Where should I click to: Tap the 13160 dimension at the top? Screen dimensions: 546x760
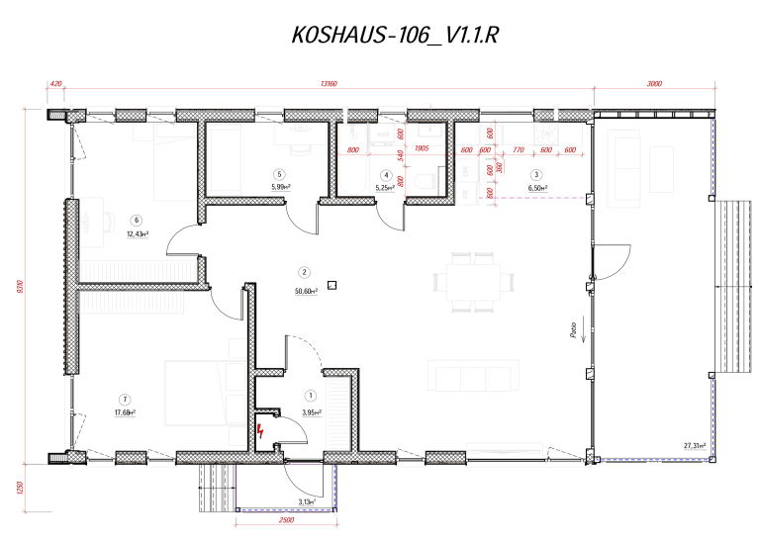[330, 84]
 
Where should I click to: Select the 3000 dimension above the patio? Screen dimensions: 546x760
[654, 84]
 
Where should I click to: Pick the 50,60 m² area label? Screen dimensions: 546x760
[305, 291]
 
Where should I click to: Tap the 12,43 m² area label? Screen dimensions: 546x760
[137, 234]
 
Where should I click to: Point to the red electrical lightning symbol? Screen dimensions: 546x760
[260, 430]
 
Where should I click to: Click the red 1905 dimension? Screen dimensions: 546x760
[422, 149]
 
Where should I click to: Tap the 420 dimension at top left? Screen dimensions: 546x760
[55, 84]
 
